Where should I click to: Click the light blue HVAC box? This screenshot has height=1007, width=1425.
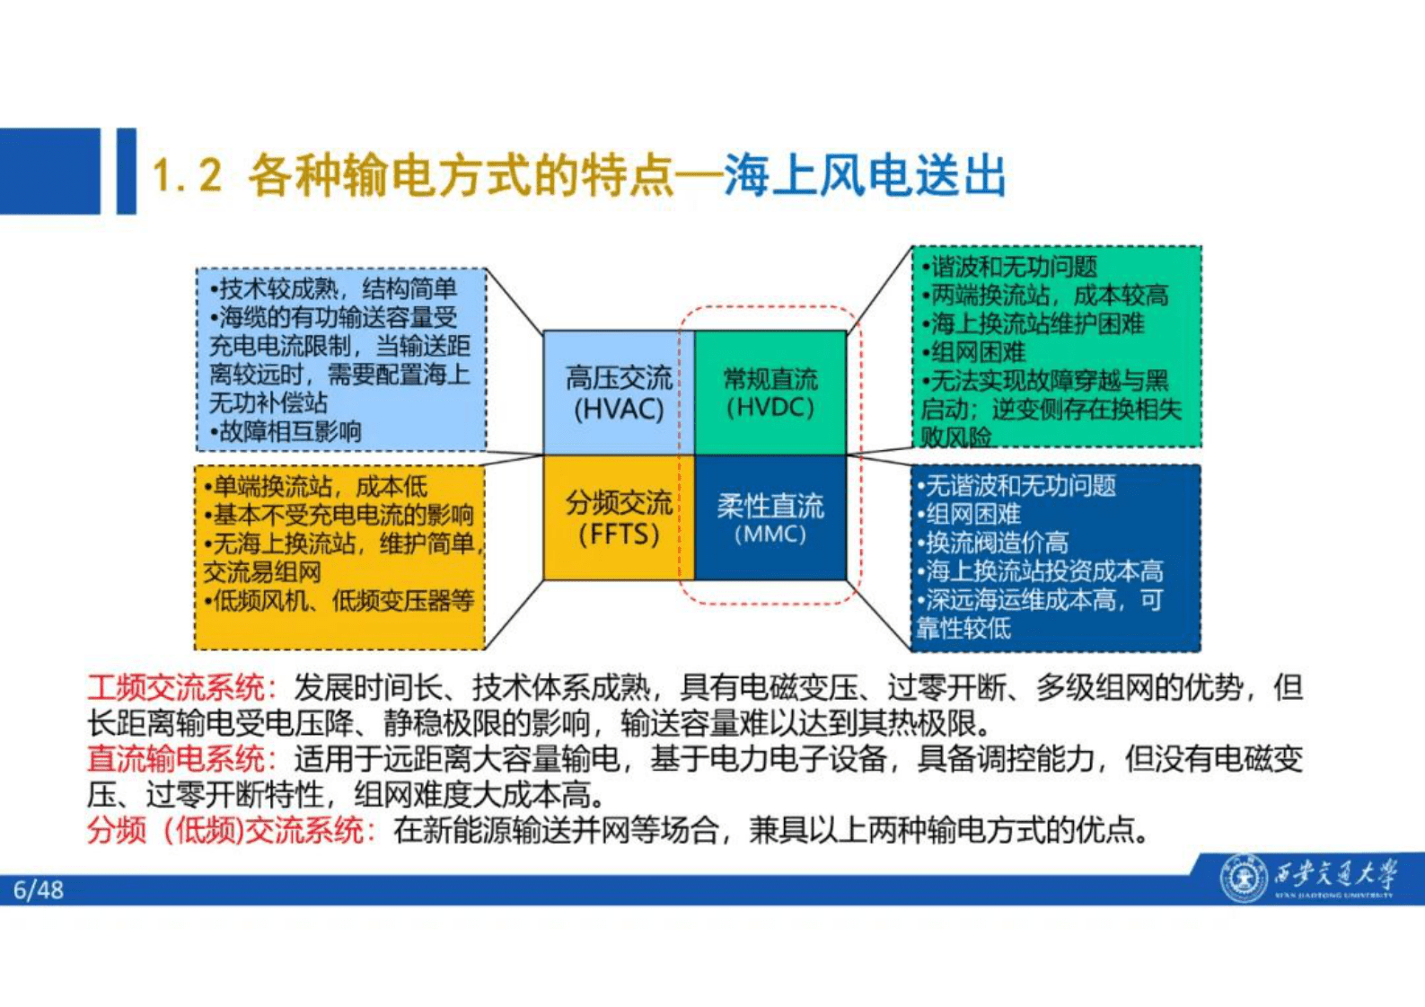pyautogui.click(x=618, y=393)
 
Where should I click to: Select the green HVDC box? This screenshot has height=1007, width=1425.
pyautogui.click(x=770, y=393)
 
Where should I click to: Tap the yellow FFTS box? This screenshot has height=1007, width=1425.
pyautogui.click(x=618, y=518)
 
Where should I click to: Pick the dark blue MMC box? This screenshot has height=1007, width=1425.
pyautogui.click(x=770, y=518)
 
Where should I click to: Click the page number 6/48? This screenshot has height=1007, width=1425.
pyautogui.click(x=39, y=890)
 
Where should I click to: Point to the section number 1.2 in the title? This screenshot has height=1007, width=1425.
pyautogui.click(x=187, y=174)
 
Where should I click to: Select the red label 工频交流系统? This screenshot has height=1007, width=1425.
pyautogui.click(x=176, y=688)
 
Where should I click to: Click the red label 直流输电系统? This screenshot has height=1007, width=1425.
pyautogui.click(x=176, y=759)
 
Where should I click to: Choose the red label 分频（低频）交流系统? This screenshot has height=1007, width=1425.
pyautogui.click(x=228, y=830)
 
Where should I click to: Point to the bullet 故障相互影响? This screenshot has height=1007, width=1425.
pyautogui.click(x=286, y=432)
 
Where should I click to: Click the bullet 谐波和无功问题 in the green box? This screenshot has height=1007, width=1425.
pyautogui.click(x=1010, y=267)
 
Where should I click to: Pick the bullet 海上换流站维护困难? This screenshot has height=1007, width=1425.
pyautogui.click(x=1033, y=323)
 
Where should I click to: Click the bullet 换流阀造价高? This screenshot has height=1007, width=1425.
pyautogui.click(x=993, y=543)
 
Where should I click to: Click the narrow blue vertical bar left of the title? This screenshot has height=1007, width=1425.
pyautogui.click(x=126, y=171)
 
